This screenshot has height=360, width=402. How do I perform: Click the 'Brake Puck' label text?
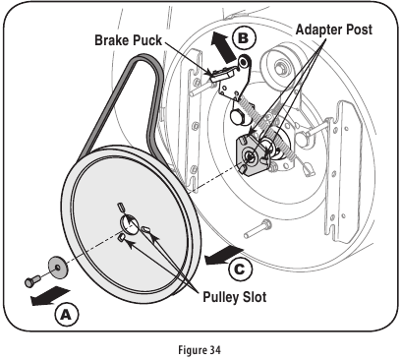(x=136, y=42)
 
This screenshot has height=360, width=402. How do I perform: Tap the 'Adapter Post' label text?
(x=334, y=30)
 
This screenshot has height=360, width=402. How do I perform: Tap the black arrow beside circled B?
(x=218, y=44)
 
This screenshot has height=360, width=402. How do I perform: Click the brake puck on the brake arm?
(x=221, y=72)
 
